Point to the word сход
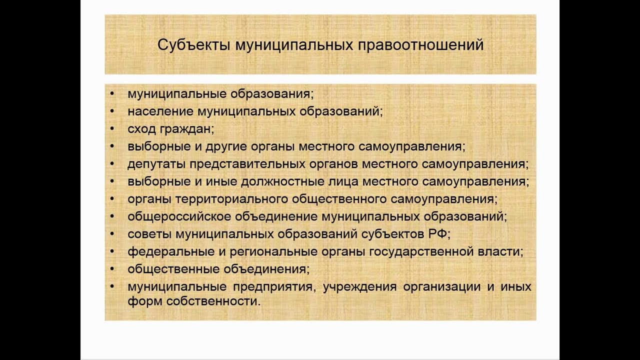[141, 129]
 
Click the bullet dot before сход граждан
[112, 129]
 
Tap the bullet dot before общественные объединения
[112, 269]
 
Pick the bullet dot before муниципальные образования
[112, 93]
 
